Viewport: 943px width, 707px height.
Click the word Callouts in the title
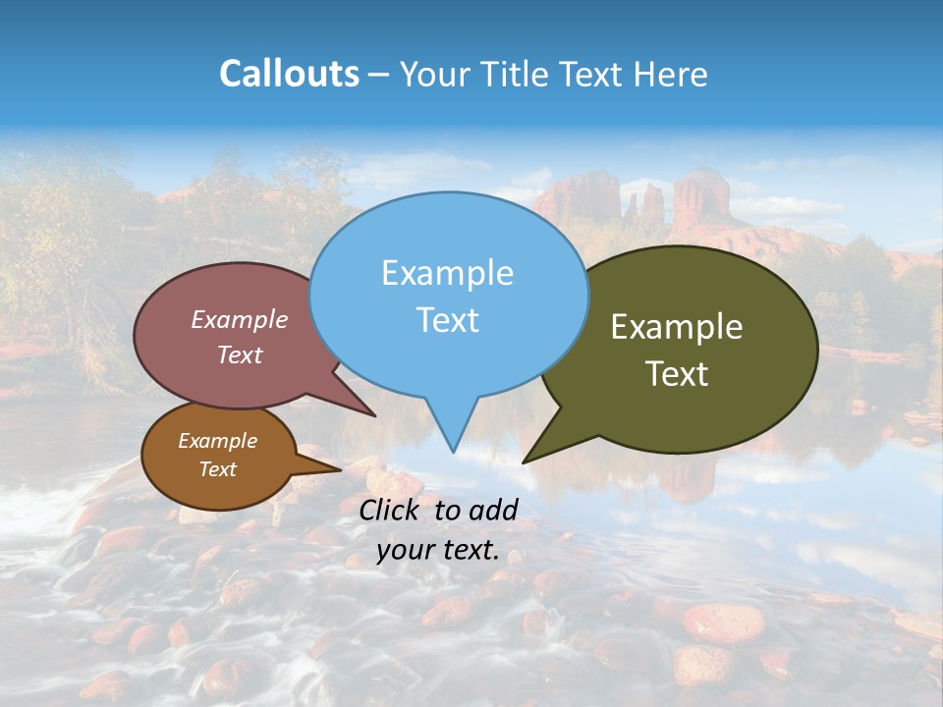[289, 74]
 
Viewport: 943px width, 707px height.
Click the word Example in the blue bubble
[448, 273]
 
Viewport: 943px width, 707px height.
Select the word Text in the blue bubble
[448, 320]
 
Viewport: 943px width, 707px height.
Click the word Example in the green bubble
[677, 327]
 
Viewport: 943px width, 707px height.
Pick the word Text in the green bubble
[677, 374]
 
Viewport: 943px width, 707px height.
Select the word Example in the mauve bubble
[240, 319]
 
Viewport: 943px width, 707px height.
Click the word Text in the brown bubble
[218, 469]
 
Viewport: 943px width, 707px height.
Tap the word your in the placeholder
[406, 551]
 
